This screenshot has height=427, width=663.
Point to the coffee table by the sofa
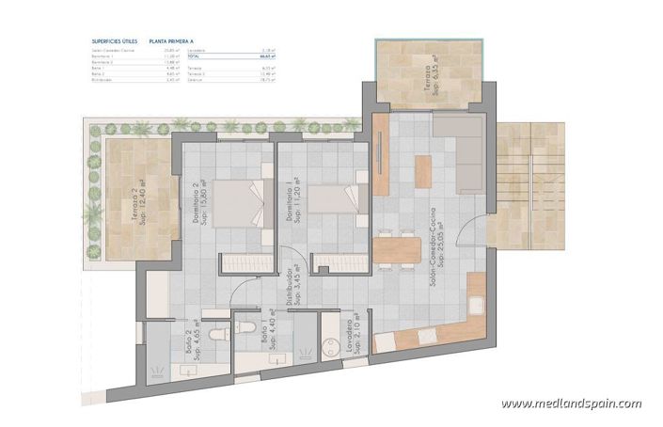[422, 171]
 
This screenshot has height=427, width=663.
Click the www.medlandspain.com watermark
[571, 403]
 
